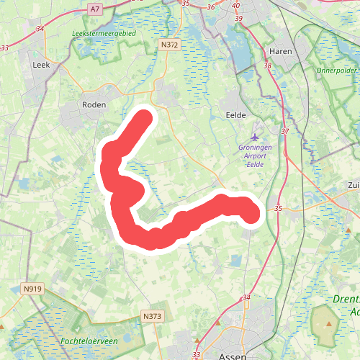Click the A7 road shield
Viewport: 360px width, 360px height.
click(95, 9)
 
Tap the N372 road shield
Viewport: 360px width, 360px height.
click(169, 45)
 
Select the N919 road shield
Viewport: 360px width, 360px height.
click(32, 289)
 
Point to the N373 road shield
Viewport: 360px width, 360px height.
click(151, 316)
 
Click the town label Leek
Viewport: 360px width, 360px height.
click(40, 65)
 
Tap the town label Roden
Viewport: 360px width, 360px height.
click(94, 104)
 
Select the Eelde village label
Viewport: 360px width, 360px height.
click(236, 115)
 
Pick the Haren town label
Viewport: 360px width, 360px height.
click(280, 52)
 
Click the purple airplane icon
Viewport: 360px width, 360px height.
click(254, 136)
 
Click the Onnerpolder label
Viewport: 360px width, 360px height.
click(336, 71)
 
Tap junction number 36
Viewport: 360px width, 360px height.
click(211, 7)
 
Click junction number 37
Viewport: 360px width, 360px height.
click(284, 132)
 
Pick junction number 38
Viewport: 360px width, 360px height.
click(268, 66)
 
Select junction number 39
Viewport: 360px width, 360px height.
click(239, 18)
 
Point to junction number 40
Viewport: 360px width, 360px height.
click(236, 6)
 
